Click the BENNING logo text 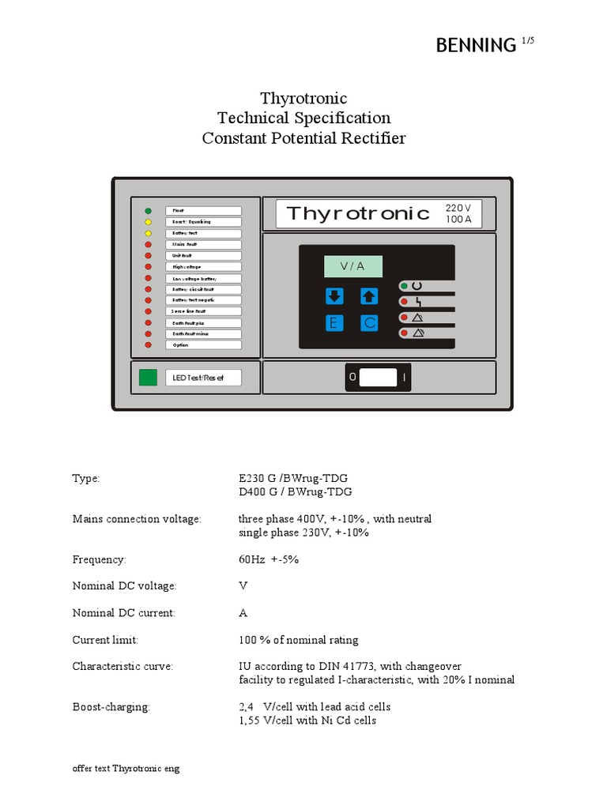pos(476,46)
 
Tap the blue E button pos(334,323)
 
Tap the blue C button pos(369,323)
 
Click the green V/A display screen pos(353,266)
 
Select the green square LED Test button pos(148,378)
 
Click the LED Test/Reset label pos(203,378)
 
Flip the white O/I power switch pos(378,378)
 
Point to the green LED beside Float pos(148,211)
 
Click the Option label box pos(203,345)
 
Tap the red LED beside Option pos(148,345)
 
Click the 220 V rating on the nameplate pos(458,207)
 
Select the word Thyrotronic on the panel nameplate pos(358,213)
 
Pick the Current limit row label pos(105,640)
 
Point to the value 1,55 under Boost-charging pos(251,721)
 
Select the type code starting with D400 pos(296,491)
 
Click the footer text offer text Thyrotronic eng pos(126,769)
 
